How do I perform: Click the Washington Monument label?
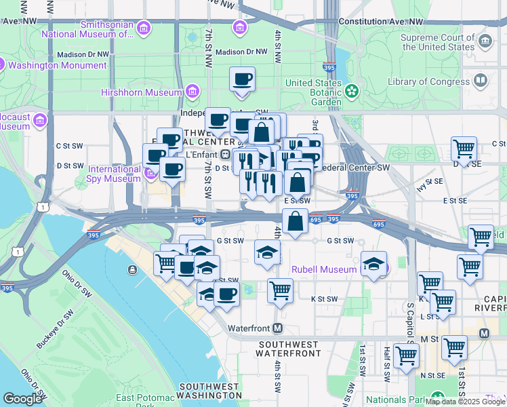[58, 66]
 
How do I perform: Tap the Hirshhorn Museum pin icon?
[192, 92]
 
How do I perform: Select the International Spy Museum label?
[114, 174]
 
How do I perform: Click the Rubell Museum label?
[324, 269]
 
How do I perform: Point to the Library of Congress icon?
[481, 81]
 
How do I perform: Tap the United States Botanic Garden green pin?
[351, 90]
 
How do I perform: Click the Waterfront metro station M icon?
[277, 328]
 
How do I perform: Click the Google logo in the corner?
[22, 399]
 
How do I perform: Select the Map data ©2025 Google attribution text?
[465, 402]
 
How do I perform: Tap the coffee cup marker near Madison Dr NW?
[242, 80]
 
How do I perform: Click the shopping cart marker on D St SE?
[464, 149]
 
